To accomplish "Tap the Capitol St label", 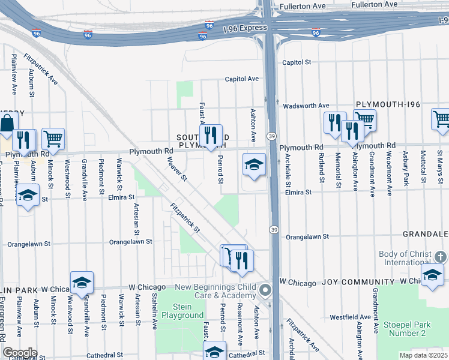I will tap(297, 62).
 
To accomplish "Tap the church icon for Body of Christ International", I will tap(441, 257).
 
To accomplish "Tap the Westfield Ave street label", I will tap(349, 316).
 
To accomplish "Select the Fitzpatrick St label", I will tap(184, 217).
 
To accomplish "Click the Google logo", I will tap(20, 352).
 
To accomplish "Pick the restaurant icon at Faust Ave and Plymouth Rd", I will tap(210, 135).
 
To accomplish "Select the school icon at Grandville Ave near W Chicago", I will tap(82, 281).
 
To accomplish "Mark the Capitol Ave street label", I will tap(241, 79).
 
